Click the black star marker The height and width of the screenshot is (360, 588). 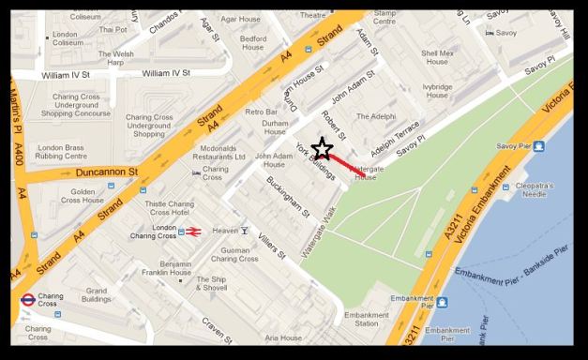[322, 149]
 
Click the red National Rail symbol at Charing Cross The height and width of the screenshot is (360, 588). [193, 231]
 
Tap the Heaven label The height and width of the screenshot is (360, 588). [225, 231]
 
